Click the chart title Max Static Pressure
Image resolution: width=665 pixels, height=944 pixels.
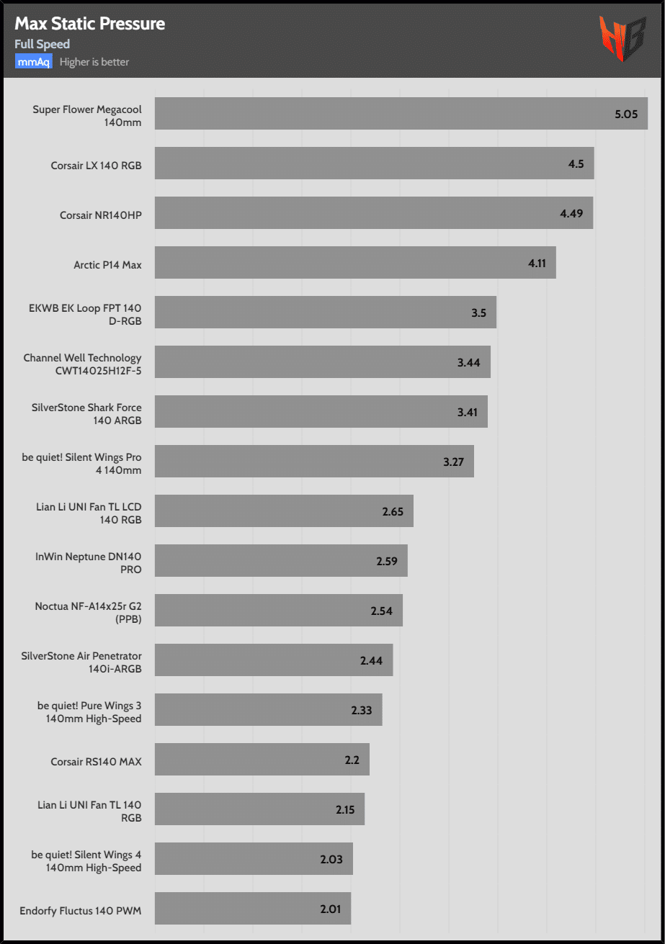[89, 24]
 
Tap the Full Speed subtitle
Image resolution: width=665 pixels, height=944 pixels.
[42, 45]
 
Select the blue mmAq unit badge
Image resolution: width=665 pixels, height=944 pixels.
[33, 62]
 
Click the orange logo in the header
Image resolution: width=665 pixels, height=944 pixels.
[622, 39]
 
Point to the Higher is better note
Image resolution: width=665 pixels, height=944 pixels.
[94, 62]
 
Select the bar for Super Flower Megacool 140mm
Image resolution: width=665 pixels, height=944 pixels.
[401, 114]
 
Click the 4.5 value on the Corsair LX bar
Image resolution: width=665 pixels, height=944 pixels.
[576, 163]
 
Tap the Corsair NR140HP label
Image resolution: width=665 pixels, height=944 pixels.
[101, 215]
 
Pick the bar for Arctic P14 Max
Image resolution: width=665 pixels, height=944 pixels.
[354, 263]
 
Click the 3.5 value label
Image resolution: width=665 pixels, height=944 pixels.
[479, 313]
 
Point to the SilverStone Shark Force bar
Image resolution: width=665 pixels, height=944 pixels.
[321, 412]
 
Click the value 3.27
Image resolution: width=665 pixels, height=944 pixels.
[453, 462]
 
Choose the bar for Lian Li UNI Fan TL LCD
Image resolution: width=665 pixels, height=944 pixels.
[283, 511]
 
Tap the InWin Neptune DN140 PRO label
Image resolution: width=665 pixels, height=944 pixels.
[89, 562]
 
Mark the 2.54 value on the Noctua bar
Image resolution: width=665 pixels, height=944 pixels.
[382, 611]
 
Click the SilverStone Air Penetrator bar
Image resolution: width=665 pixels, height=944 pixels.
[273, 660]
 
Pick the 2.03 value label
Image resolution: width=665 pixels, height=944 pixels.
[331, 859]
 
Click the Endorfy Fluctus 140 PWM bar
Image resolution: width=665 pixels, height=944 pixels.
[252, 909]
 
